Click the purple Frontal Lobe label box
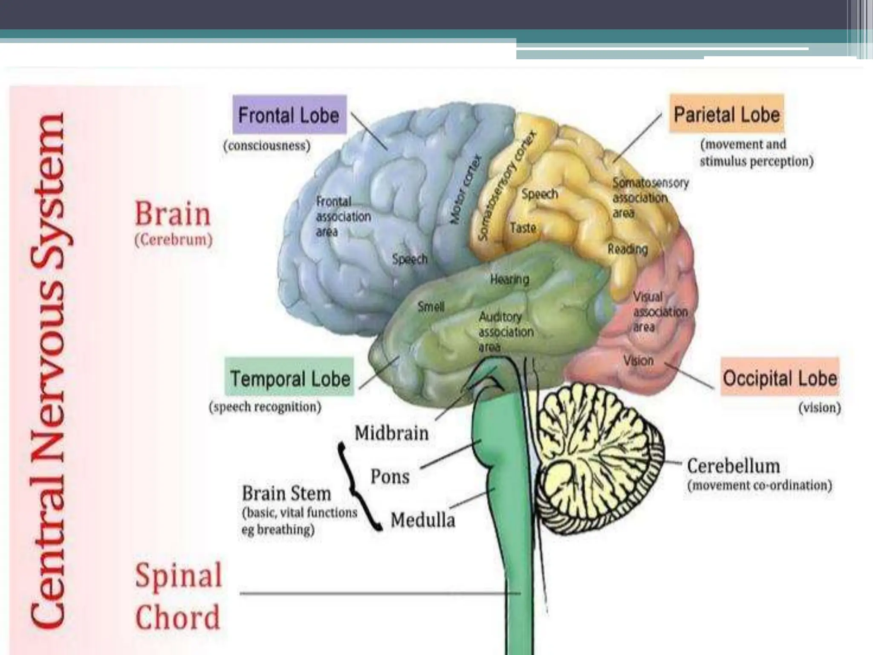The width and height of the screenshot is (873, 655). [289, 115]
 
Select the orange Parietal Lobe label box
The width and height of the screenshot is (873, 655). [726, 114]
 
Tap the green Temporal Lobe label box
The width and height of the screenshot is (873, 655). [289, 378]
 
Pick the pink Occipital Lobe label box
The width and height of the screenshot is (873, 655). [780, 377]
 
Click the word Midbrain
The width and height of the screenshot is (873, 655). [391, 433]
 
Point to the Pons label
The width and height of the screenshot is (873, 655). [390, 476]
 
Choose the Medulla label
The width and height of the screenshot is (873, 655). [422, 520]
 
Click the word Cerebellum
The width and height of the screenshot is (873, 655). [733, 466]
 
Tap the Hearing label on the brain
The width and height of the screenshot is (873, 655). [509, 279]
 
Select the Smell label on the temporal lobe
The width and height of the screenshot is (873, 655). [431, 306]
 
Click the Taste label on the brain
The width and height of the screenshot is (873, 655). [523, 228]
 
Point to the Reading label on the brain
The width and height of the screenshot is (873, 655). [627, 249]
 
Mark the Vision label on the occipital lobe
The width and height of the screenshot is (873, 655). [638, 361]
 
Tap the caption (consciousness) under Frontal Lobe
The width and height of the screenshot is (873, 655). [267, 145]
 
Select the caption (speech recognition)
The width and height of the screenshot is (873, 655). [265, 407]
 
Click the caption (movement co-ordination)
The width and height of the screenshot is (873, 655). [759, 485]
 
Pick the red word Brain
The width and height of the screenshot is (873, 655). [173, 214]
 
